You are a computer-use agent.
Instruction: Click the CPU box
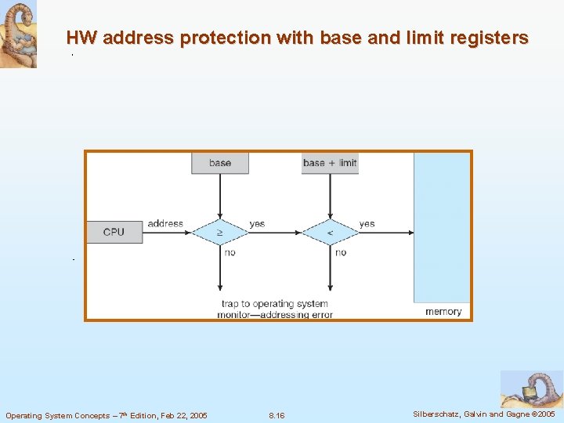point(114,232)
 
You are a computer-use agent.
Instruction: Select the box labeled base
point(220,163)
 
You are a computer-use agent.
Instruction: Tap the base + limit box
point(330,163)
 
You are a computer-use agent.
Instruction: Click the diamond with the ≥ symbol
point(220,232)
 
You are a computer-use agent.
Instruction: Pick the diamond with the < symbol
point(330,232)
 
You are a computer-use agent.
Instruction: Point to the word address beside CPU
point(165,224)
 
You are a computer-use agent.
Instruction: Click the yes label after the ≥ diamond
point(257,224)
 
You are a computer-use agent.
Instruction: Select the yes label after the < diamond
point(367,224)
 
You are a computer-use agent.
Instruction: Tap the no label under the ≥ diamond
point(230,252)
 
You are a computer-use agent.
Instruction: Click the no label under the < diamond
point(340,252)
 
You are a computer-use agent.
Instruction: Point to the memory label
point(443,312)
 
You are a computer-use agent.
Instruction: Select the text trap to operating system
point(275,304)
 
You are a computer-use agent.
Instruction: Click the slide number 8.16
point(277,415)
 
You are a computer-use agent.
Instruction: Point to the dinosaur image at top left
point(18,34)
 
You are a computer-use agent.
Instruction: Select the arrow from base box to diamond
point(220,196)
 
